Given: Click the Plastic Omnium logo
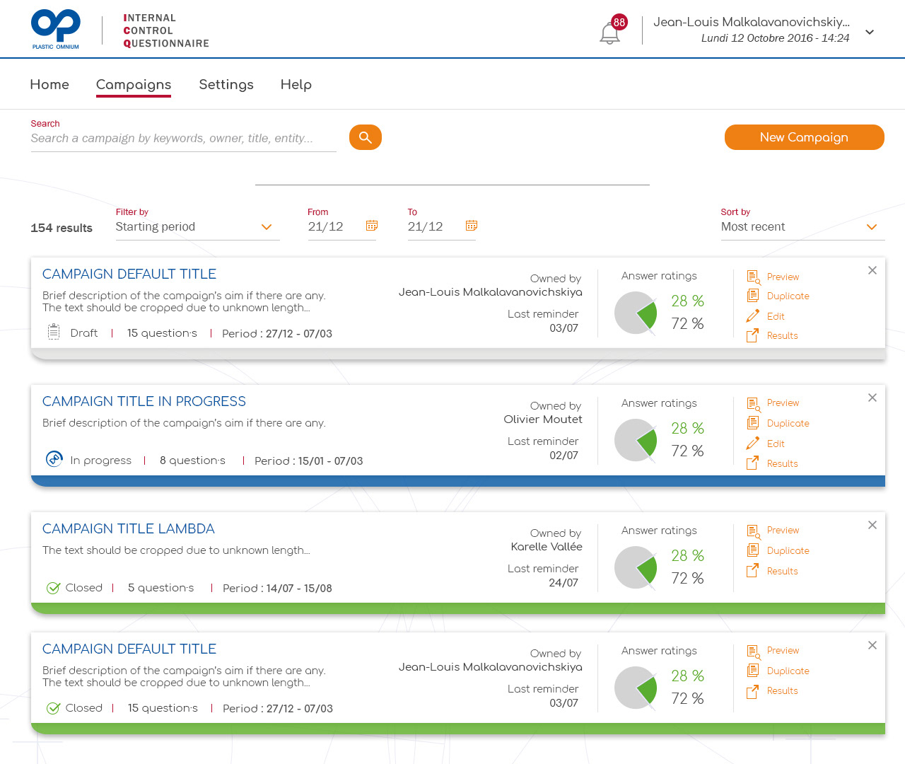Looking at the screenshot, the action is [x=56, y=29].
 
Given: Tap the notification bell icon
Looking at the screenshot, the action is [x=609, y=34].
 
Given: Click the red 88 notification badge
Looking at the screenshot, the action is [x=619, y=22].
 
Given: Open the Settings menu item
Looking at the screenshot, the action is [x=226, y=84].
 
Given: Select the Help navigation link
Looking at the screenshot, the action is [x=296, y=84].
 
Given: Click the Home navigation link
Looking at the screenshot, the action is [x=49, y=84].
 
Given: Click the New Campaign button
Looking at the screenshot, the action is [x=804, y=137].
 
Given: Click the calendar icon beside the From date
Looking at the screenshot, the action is [x=372, y=226].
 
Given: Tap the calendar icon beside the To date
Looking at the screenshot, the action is [x=472, y=226].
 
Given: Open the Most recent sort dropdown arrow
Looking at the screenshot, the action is [x=872, y=227].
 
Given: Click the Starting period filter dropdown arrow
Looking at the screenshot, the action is [x=267, y=227].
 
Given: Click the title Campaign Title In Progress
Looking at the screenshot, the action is [x=144, y=401].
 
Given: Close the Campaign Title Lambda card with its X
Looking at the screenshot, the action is [x=872, y=525].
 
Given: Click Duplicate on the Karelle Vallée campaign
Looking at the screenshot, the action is [x=778, y=550].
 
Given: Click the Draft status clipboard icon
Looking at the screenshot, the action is [x=54, y=332].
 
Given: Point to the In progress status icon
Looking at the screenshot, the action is [x=54, y=458].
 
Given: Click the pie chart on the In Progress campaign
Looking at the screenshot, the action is [x=636, y=440].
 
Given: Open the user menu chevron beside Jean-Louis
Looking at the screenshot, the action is [x=870, y=32].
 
